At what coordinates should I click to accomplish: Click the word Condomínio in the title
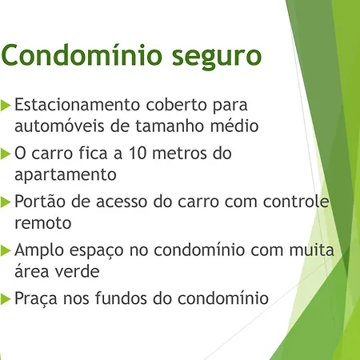[82, 54]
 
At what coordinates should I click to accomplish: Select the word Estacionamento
[78, 104]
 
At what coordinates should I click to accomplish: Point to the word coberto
[177, 104]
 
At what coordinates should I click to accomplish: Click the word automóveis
[59, 126]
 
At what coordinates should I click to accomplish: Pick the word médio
[234, 126]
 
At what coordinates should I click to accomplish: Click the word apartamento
[66, 175]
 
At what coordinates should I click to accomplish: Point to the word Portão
[40, 201]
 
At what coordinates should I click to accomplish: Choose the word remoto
[43, 223]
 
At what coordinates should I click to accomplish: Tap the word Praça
[36, 298]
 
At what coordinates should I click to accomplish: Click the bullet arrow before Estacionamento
[6, 105]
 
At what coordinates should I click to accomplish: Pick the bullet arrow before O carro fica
[6, 154]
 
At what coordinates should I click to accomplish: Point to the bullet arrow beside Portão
[6, 202]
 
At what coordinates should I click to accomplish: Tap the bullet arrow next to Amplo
[6, 250]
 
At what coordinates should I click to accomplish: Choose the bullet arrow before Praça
[6, 298]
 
